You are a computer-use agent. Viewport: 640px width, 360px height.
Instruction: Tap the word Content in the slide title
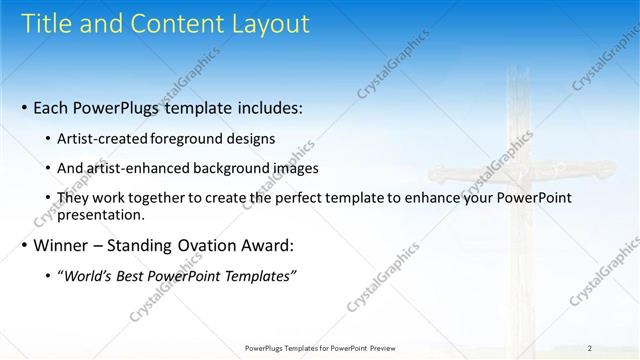(x=165, y=25)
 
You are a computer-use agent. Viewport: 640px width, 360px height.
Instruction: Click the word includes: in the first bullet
(x=262, y=107)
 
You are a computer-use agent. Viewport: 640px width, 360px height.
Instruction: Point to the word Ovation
(x=205, y=245)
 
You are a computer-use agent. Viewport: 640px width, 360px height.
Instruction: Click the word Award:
(x=270, y=245)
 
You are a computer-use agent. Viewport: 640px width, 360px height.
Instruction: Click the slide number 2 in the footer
(x=590, y=348)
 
